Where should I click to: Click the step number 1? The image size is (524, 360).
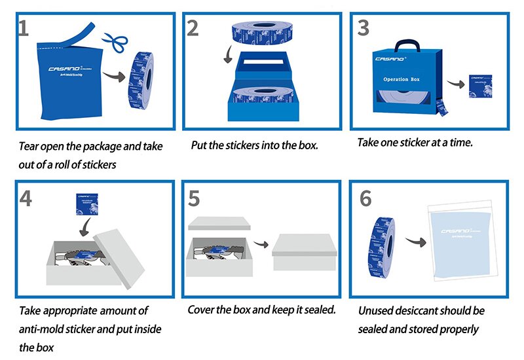click(x=24, y=29)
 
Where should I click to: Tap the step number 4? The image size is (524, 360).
click(x=25, y=197)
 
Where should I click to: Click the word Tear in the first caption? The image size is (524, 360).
click(x=29, y=145)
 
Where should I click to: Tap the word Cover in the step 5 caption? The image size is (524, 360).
click(x=202, y=309)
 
